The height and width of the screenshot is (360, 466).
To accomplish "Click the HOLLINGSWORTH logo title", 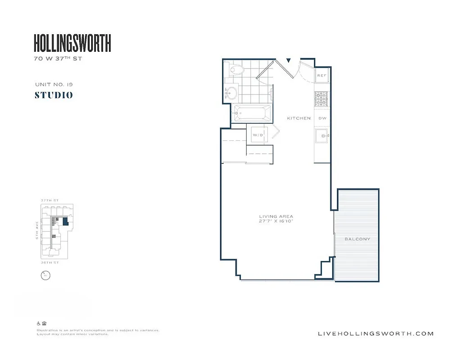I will tap(72, 43).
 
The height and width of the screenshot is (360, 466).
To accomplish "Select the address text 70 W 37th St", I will tap(58, 59).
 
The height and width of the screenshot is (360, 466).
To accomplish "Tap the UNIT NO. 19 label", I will tap(54, 84).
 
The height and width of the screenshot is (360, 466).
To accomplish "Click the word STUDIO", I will tap(54, 95).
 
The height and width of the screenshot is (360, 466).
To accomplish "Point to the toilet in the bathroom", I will tap(236, 69).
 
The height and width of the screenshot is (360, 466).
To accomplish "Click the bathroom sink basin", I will tap(231, 94).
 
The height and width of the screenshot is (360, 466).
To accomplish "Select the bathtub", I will tap(252, 113).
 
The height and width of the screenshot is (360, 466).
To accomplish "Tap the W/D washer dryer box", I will tap(258, 135).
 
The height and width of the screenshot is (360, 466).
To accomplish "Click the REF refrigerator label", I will tap(321, 76).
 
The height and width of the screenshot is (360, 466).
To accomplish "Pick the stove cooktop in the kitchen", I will tap(321, 99).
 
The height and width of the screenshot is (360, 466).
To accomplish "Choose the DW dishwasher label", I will tap(322, 118).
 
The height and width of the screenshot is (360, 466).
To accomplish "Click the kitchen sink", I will tap(321, 135).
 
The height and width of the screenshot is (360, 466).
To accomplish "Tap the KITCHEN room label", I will tap(299, 118).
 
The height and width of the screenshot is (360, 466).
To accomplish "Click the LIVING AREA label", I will tap(276, 216).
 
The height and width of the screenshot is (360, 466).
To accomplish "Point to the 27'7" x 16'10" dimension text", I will tap(276, 221).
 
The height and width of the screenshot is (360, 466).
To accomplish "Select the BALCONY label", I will tap(357, 239).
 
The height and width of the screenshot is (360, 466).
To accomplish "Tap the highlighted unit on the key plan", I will tap(66, 221).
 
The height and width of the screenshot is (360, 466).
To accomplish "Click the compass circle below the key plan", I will tap(45, 275).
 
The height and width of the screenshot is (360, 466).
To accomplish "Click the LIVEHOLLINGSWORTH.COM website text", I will tap(376, 333).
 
